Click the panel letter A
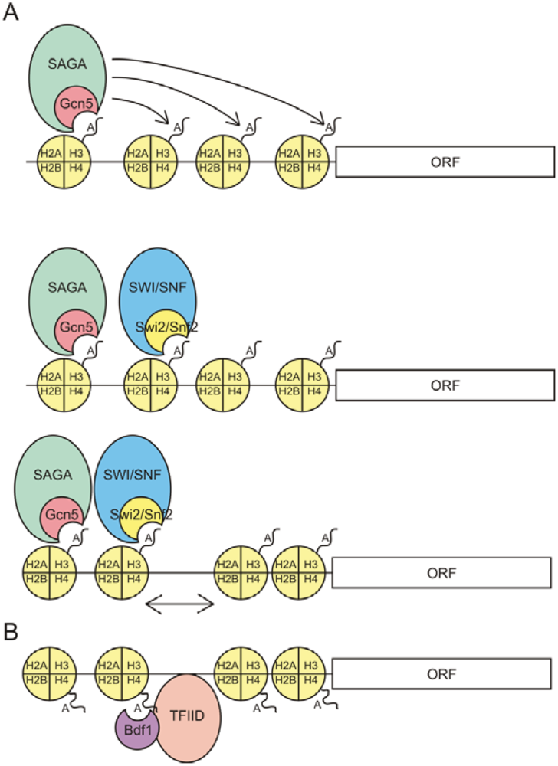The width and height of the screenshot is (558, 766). point(11,13)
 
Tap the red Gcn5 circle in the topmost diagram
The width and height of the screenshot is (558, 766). point(72,108)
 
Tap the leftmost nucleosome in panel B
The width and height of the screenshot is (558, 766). point(49,673)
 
